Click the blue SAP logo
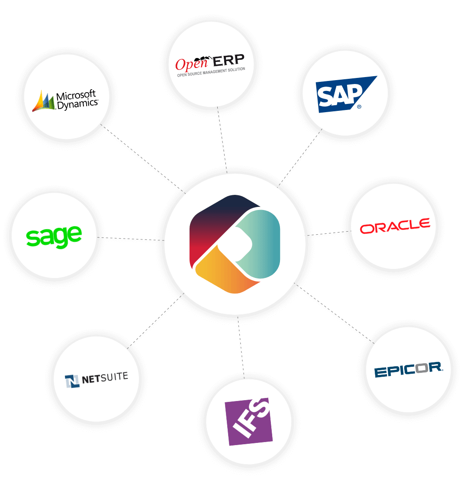[x=342, y=94]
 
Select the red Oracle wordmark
[x=395, y=226]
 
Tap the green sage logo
[x=54, y=236]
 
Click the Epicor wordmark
[x=408, y=370]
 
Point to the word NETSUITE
[x=105, y=378]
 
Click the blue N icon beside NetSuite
[x=72, y=381]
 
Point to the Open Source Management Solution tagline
[x=211, y=72]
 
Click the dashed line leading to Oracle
[x=328, y=233]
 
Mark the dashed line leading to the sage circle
[x=130, y=239]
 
